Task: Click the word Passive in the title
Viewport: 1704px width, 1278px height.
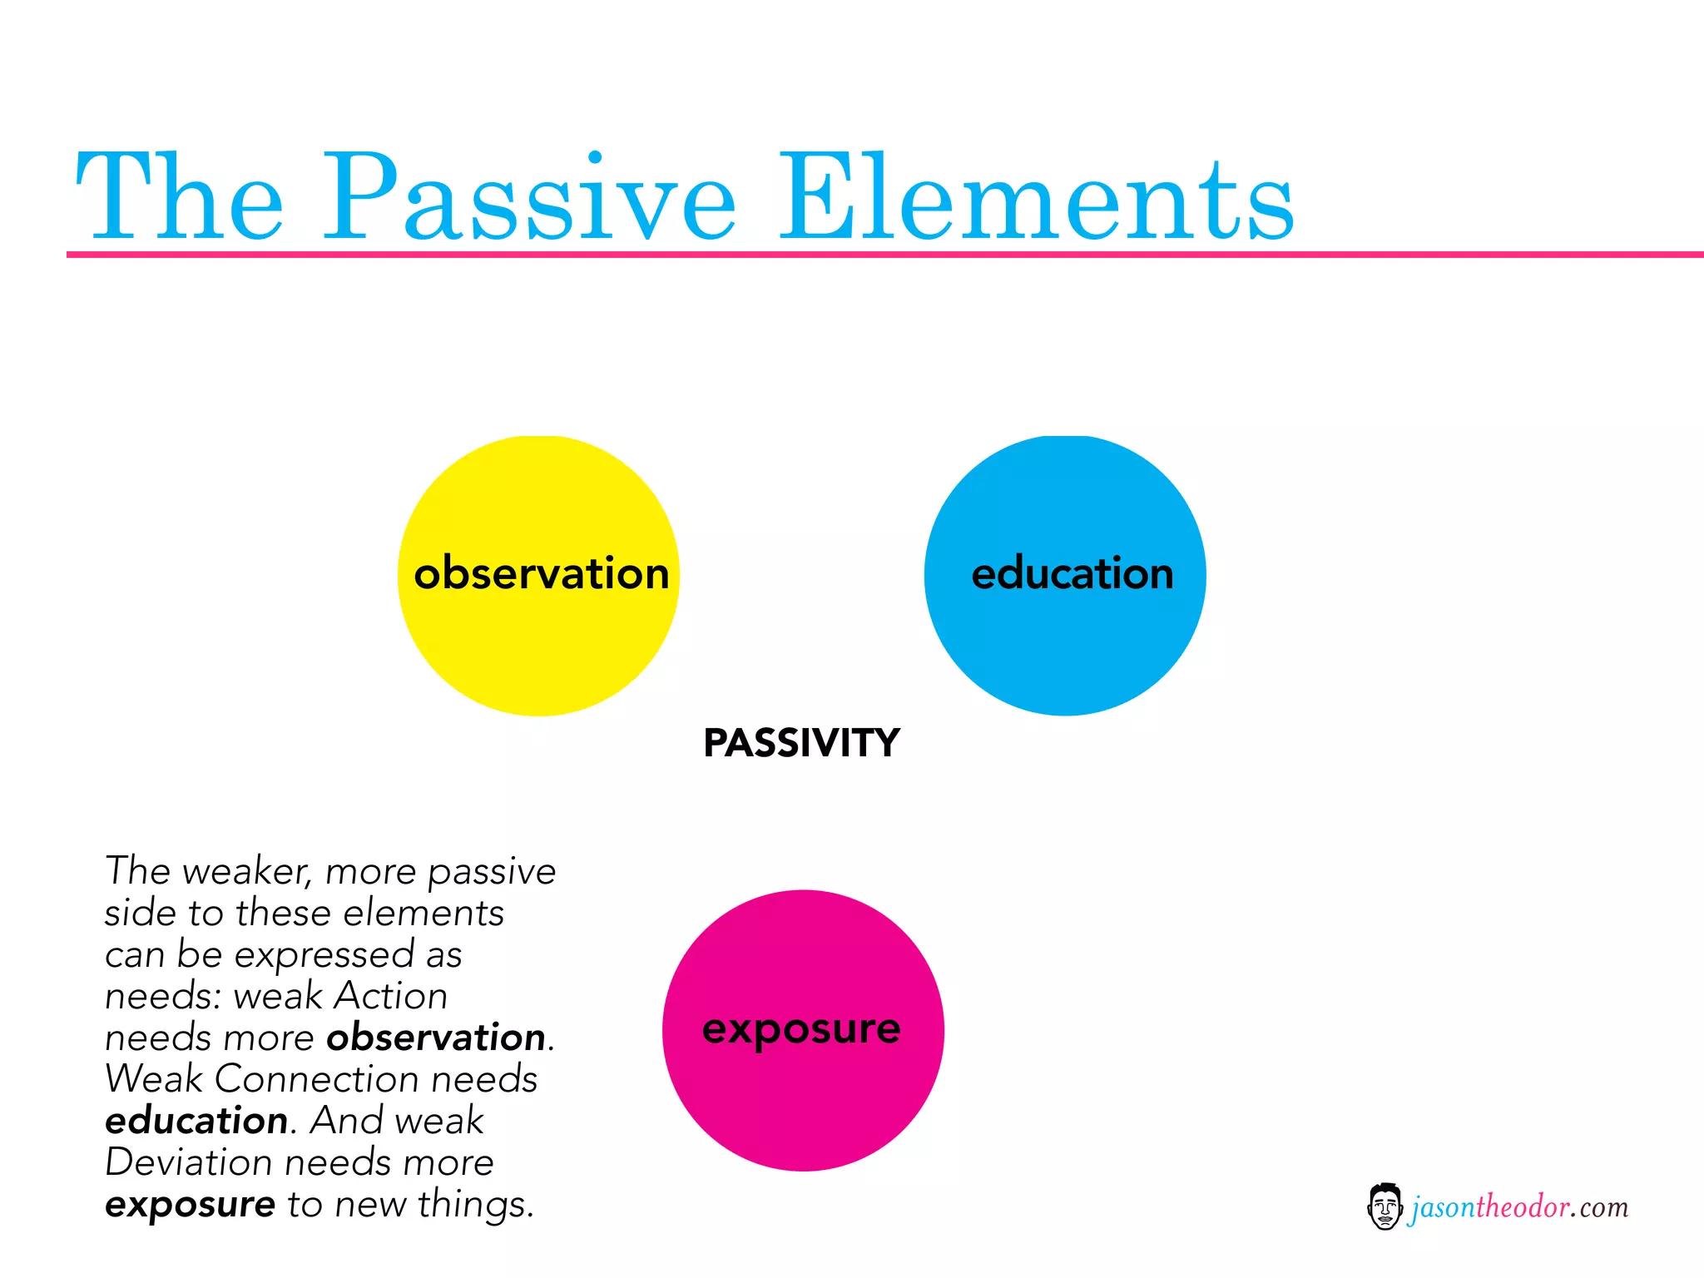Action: tap(529, 198)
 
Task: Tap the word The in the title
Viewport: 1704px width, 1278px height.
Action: tap(180, 198)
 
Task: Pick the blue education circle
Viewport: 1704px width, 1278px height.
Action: tap(1065, 641)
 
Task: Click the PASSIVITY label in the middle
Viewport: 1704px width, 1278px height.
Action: tap(801, 743)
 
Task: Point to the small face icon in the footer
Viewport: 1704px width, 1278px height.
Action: tap(1384, 1206)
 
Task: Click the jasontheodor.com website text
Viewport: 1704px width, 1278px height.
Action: tap(1518, 1206)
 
